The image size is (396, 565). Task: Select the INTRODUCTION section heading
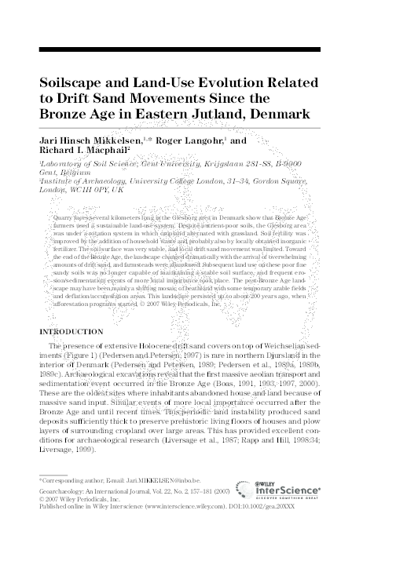pyautogui.click(x=77, y=333)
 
